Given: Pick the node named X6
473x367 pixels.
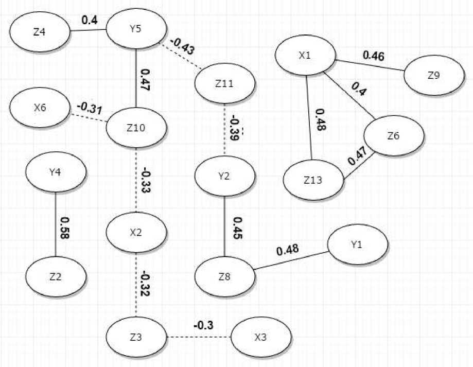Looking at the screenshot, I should click(x=40, y=109).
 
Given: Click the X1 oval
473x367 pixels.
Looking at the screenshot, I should click(x=305, y=56).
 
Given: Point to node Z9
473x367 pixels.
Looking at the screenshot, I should click(x=434, y=75).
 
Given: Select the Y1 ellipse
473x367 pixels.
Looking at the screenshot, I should click(x=358, y=244).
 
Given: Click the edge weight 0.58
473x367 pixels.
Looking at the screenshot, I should click(x=65, y=228).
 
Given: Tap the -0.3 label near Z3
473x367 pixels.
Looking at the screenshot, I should click(x=203, y=325).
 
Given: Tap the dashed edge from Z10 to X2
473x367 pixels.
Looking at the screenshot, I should click(x=136, y=180).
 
